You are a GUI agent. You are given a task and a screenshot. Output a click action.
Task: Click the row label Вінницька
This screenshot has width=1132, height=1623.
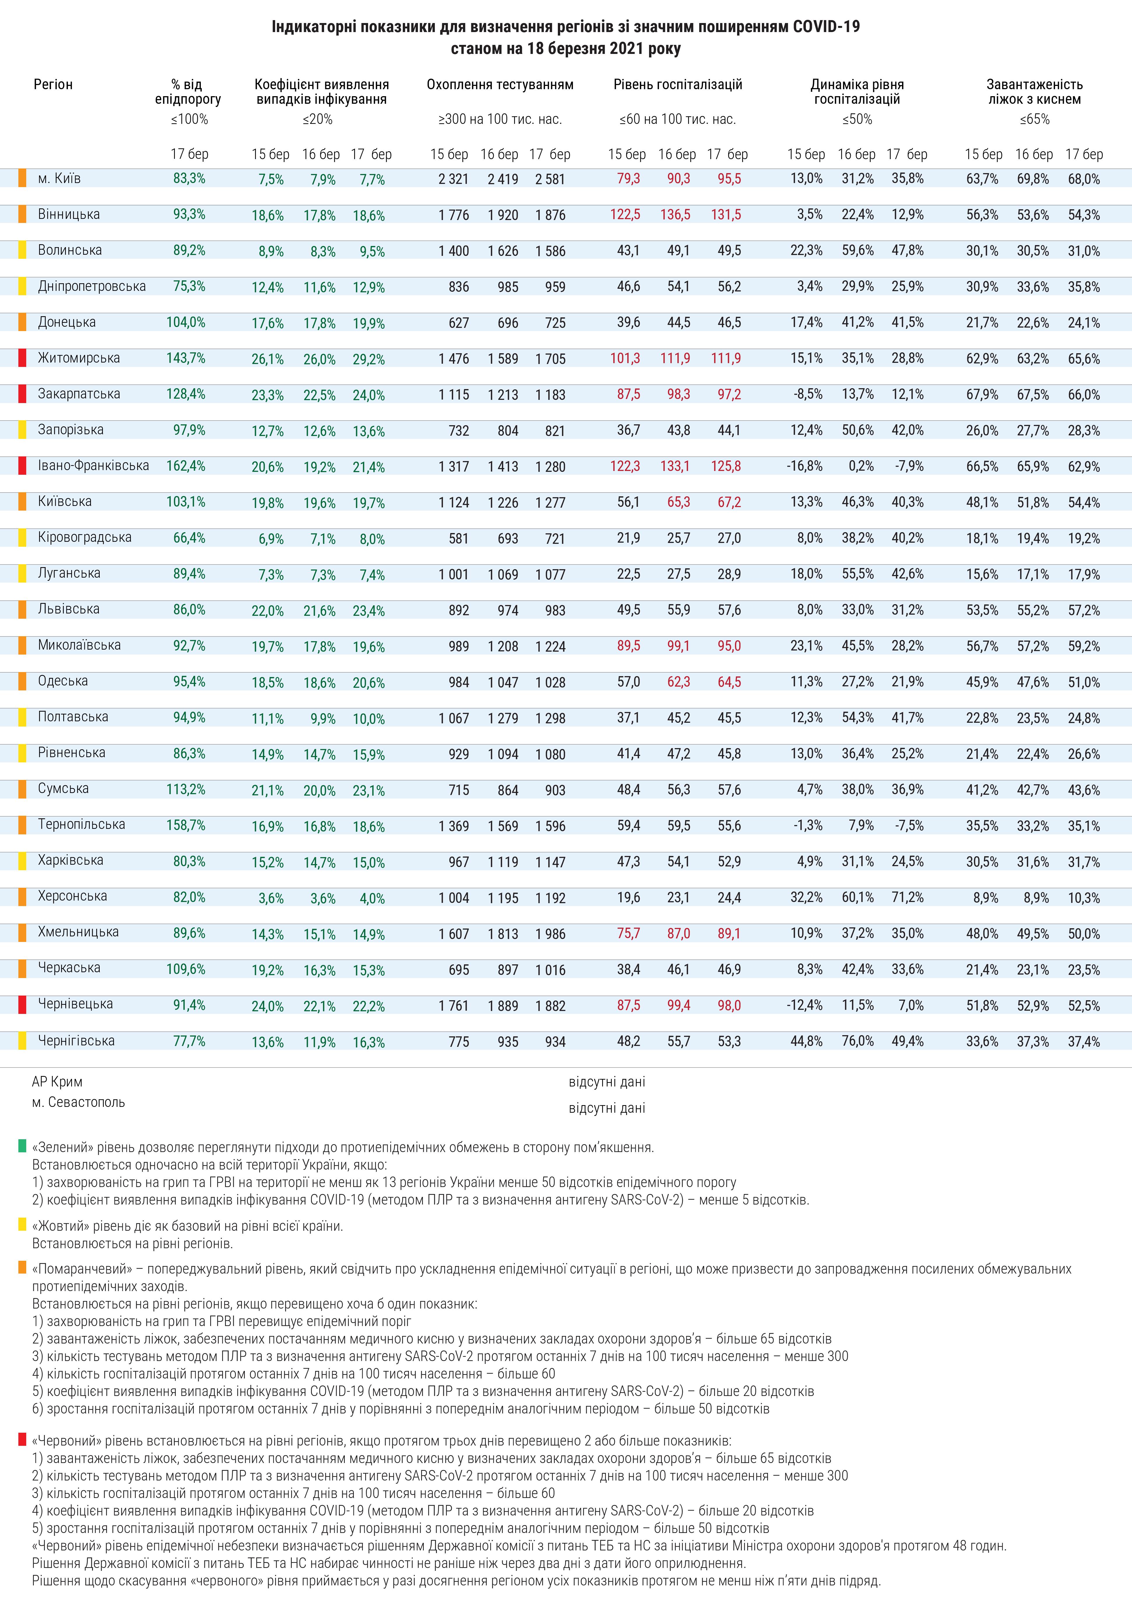[x=68, y=214]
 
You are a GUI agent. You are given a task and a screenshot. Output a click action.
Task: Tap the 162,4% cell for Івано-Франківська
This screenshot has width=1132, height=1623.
[x=186, y=466]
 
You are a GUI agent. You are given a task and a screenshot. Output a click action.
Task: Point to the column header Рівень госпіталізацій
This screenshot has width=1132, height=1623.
[x=677, y=85]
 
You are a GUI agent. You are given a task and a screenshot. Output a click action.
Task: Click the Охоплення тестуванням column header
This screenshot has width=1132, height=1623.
[x=500, y=85]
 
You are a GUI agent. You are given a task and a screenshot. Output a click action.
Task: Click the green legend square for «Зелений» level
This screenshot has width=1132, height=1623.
[x=22, y=1145]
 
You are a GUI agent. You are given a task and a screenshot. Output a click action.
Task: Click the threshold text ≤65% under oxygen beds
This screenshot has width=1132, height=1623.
[x=1034, y=119]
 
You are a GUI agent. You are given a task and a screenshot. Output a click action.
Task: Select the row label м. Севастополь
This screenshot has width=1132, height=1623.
[x=78, y=1102]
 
